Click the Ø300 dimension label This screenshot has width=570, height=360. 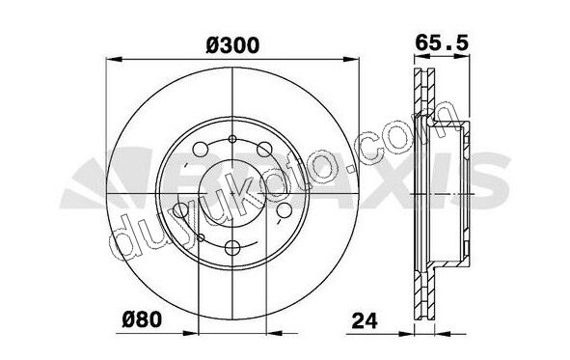tap(232, 45)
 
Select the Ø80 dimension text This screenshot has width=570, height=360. tap(142, 320)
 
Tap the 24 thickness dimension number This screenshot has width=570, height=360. tap(365, 320)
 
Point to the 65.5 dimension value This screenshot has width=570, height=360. tap(442, 42)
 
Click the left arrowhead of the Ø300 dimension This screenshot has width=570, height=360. tap(114, 60)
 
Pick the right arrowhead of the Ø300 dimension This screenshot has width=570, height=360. tap(351, 60)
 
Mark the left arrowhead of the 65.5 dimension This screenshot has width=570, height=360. tap(422, 56)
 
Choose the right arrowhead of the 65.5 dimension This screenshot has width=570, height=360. tap(462, 56)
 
